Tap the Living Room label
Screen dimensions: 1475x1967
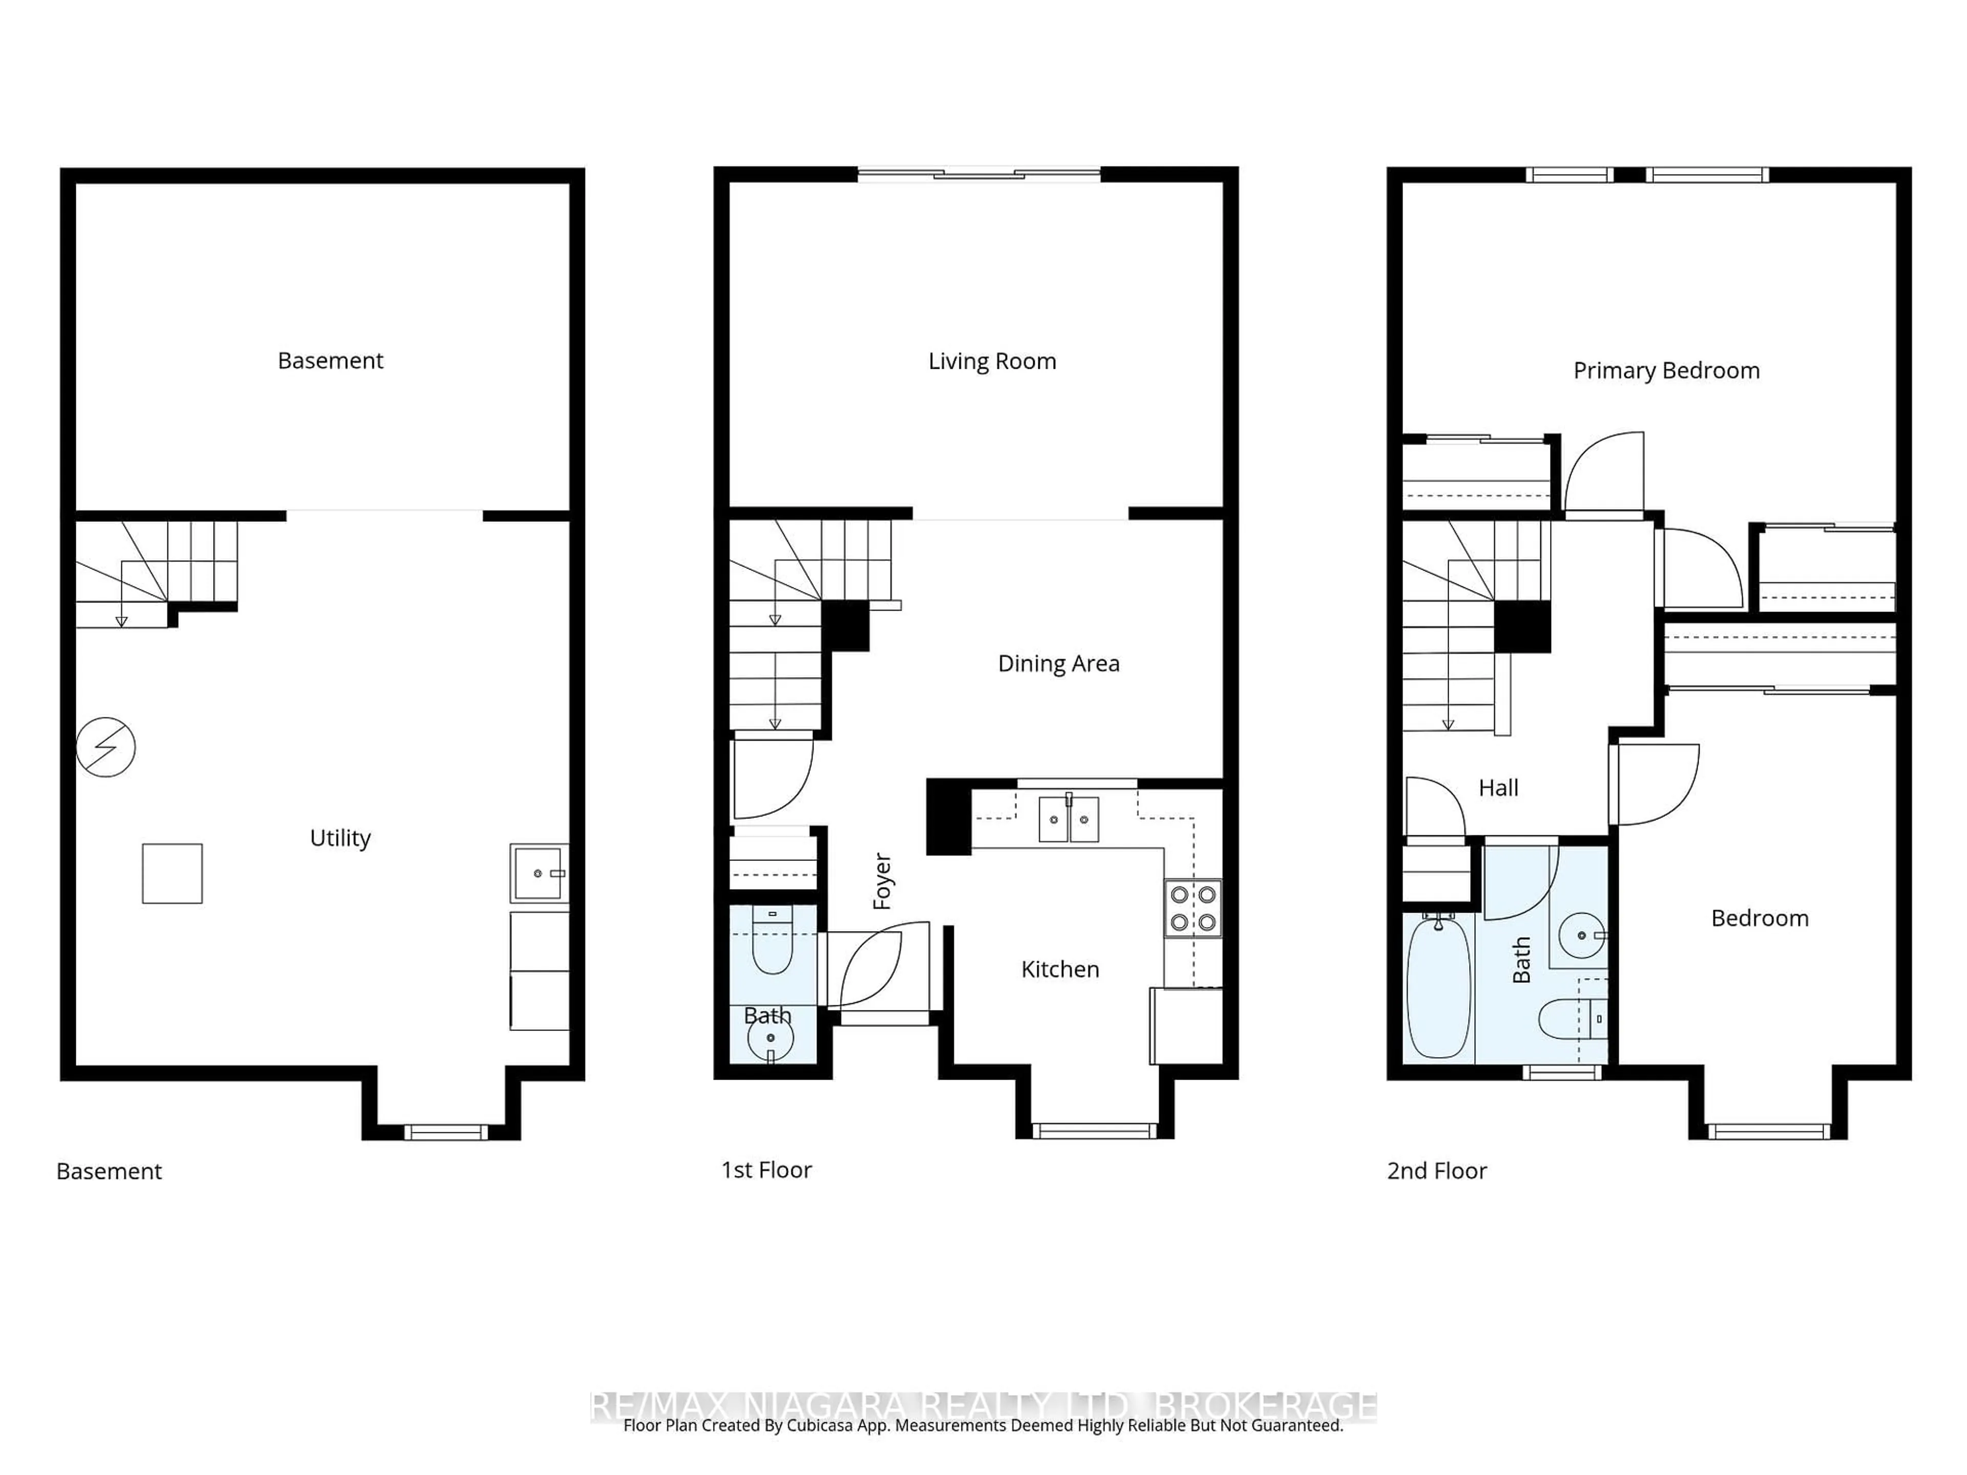(992, 361)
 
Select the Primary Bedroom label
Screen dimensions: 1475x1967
(1666, 371)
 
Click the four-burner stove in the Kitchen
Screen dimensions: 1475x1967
(1192, 908)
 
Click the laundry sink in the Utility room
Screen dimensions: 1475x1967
(538, 873)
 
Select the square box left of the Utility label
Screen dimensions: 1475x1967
(173, 873)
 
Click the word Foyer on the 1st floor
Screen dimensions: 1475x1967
(882, 881)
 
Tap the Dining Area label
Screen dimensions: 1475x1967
(1058, 663)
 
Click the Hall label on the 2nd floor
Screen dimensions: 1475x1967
(1498, 788)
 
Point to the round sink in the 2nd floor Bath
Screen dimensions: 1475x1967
(1582, 935)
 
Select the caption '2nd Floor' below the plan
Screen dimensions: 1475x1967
(1436, 1171)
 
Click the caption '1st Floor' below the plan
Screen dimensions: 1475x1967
(766, 1170)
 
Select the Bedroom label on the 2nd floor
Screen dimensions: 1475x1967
(1759, 918)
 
